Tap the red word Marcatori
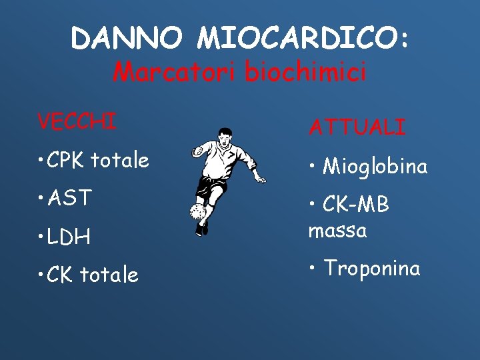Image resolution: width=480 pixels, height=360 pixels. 175,71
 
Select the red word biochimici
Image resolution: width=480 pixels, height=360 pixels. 305,71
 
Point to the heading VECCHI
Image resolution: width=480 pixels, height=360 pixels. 77,122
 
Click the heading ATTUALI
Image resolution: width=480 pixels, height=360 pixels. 357,127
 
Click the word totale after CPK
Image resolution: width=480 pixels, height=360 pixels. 120,160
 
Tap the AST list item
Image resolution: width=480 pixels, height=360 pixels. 71,198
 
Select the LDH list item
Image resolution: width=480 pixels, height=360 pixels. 71,237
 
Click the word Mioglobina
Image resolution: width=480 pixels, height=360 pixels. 375,166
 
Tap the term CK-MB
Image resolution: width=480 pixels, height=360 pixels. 355,204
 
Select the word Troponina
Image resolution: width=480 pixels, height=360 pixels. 371,268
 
